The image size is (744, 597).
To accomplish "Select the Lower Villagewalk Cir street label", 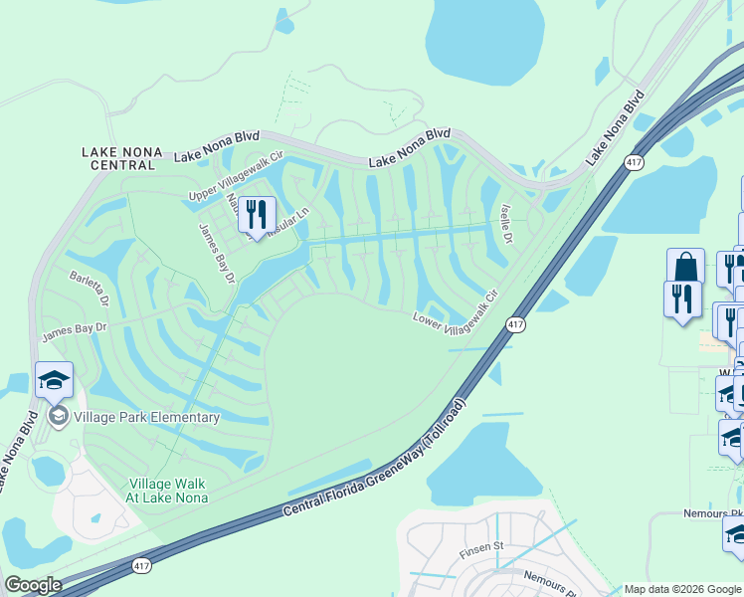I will click(x=454, y=306).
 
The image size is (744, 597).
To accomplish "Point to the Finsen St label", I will click(x=482, y=546).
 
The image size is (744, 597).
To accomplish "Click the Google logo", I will click(x=32, y=585).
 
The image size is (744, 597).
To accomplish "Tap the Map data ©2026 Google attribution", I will click(x=682, y=589).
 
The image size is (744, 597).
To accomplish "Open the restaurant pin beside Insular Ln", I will click(x=257, y=215).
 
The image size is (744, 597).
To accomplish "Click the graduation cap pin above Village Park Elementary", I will click(x=54, y=380).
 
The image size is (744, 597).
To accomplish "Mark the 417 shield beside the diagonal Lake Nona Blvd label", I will click(x=633, y=161).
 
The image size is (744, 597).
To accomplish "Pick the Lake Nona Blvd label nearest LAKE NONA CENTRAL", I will click(x=217, y=150).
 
